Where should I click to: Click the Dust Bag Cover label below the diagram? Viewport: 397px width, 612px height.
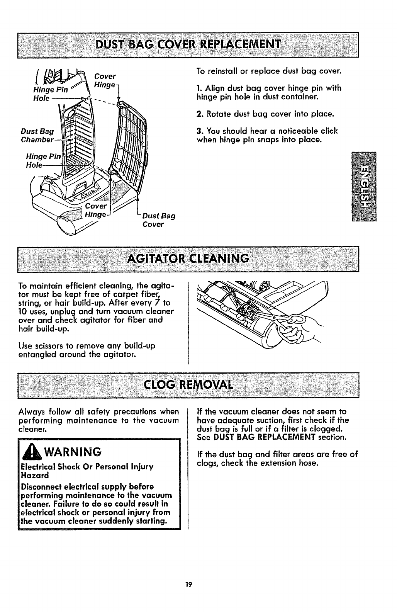click(x=159, y=220)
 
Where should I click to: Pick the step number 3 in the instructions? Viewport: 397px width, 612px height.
click(x=199, y=131)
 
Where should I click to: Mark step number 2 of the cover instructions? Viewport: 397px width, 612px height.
click(x=199, y=114)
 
